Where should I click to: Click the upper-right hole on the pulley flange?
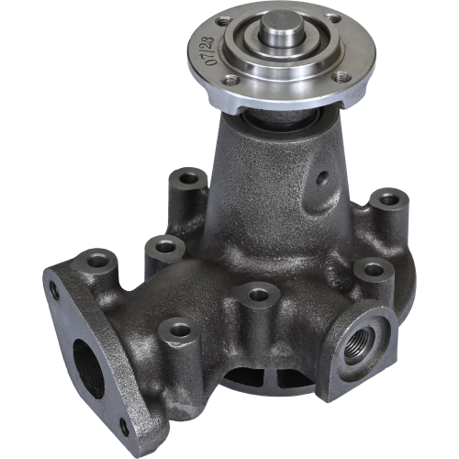click(332, 18)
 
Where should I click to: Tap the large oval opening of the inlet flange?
click(89, 370)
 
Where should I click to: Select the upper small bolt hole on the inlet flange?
click(55, 290)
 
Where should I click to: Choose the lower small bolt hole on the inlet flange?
click(125, 427)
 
